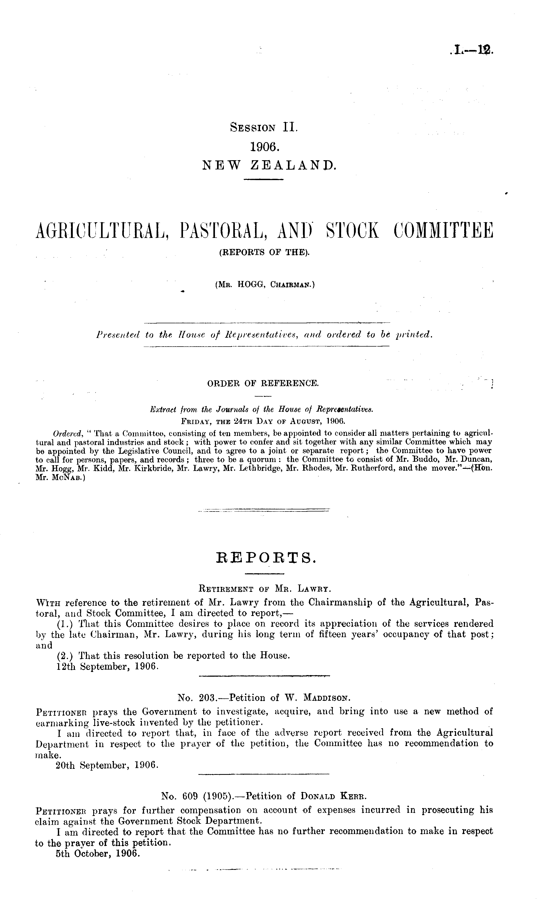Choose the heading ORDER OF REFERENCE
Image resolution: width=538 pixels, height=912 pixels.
pos(263,383)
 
